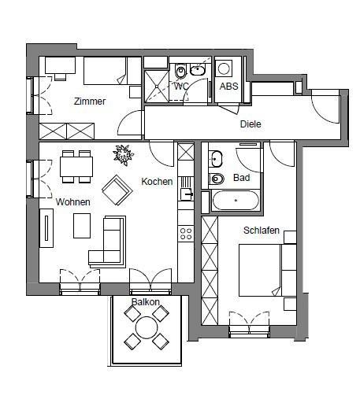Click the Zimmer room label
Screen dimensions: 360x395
(90, 102)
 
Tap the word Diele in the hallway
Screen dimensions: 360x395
(251, 124)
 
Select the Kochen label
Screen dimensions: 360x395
(157, 182)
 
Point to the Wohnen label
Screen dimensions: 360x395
(72, 202)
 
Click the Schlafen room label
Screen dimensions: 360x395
(262, 231)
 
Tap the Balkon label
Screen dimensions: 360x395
(146, 302)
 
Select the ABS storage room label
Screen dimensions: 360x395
(228, 87)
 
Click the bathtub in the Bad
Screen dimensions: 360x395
(236, 201)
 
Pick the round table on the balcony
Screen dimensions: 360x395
(147, 327)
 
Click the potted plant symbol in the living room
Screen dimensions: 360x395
(123, 155)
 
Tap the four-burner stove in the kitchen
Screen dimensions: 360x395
(186, 234)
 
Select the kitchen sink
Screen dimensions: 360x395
(186, 194)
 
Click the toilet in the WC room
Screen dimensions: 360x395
(180, 71)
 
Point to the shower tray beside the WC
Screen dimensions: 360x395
(157, 86)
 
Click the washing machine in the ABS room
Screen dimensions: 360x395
(224, 68)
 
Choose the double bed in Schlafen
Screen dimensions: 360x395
(260, 271)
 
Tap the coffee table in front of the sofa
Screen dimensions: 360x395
(82, 226)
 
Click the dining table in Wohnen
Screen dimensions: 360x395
(76, 167)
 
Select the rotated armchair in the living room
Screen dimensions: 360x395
(117, 190)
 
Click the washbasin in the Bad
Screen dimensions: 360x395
(216, 159)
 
